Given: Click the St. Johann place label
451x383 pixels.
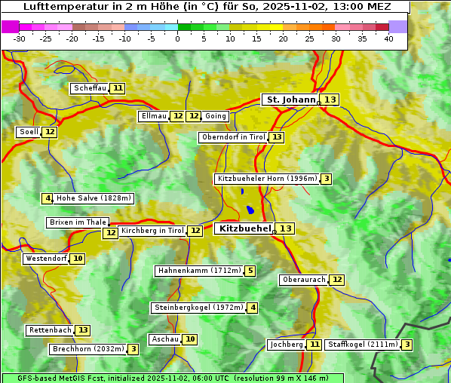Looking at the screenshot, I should pyautogui.click(x=290, y=100).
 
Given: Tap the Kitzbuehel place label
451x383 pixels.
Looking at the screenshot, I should pyautogui.click(x=244, y=228).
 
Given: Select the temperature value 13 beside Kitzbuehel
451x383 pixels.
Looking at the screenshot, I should pyautogui.click(x=286, y=228).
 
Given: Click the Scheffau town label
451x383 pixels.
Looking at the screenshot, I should pyautogui.click(x=90, y=88).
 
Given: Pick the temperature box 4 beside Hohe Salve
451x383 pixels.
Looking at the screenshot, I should pyautogui.click(x=48, y=198).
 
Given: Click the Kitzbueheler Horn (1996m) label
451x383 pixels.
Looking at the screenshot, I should pyautogui.click(x=266, y=179).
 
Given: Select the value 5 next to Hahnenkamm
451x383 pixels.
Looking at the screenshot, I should pyautogui.click(x=250, y=271).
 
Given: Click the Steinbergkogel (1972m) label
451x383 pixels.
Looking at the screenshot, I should pyautogui.click(x=198, y=308).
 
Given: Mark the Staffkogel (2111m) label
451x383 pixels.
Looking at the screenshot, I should pyautogui.click(x=362, y=345).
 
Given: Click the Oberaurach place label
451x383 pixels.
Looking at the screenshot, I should pyautogui.click(x=303, y=280).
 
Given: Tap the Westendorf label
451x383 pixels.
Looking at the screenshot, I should pyautogui.click(x=46, y=259).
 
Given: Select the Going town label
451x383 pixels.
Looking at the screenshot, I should pyautogui.click(x=216, y=116).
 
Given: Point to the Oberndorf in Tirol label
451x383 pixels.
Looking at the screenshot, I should pyautogui.click(x=234, y=137).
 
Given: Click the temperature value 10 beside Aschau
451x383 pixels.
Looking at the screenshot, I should pyautogui.click(x=190, y=339).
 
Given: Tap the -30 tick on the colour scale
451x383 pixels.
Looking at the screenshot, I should pyautogui.click(x=20, y=38).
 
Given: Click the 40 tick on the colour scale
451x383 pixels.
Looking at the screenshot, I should pyautogui.click(x=388, y=38).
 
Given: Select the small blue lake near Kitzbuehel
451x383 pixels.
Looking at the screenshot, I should pyautogui.click(x=250, y=210).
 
